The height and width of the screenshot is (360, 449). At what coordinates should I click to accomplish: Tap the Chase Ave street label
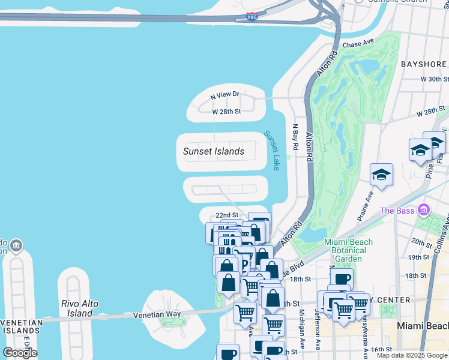coord(358,44)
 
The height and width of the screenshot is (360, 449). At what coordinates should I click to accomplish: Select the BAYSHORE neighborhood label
coord(423,64)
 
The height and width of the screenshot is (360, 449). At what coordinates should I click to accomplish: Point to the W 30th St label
coord(435,79)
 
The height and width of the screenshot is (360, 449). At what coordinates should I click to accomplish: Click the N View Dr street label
coord(225,95)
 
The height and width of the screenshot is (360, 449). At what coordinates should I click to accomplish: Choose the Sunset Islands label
coord(214,151)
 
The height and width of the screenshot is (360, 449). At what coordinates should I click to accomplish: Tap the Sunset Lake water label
coord(273,151)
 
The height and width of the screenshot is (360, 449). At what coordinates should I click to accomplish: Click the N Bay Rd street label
coord(295,137)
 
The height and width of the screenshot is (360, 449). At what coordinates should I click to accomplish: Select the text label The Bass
coord(396,211)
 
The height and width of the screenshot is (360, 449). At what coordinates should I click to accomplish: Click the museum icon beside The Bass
coord(424,210)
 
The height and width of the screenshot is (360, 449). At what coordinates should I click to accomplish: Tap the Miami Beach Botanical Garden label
coord(349,250)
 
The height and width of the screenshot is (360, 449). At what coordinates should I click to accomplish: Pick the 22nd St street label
coord(228,215)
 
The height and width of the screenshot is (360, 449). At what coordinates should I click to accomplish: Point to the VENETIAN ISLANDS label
coord(22,328)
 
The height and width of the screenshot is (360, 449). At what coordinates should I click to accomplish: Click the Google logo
coord(20,353)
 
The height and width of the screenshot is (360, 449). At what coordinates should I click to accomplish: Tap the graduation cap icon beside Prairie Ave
coord(381,175)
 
